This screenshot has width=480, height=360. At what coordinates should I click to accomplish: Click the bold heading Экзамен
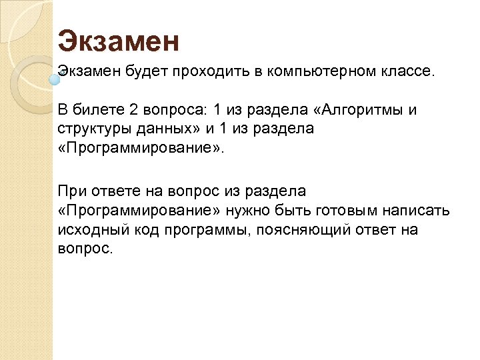(119, 41)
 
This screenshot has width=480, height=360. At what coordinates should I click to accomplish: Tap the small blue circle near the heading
(56, 78)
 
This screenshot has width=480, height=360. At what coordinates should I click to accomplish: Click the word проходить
(208, 71)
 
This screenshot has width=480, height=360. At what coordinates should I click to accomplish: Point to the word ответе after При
(109, 192)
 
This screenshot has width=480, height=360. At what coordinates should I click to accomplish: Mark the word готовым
(347, 211)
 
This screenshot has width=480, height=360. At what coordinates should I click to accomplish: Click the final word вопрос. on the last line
(86, 248)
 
